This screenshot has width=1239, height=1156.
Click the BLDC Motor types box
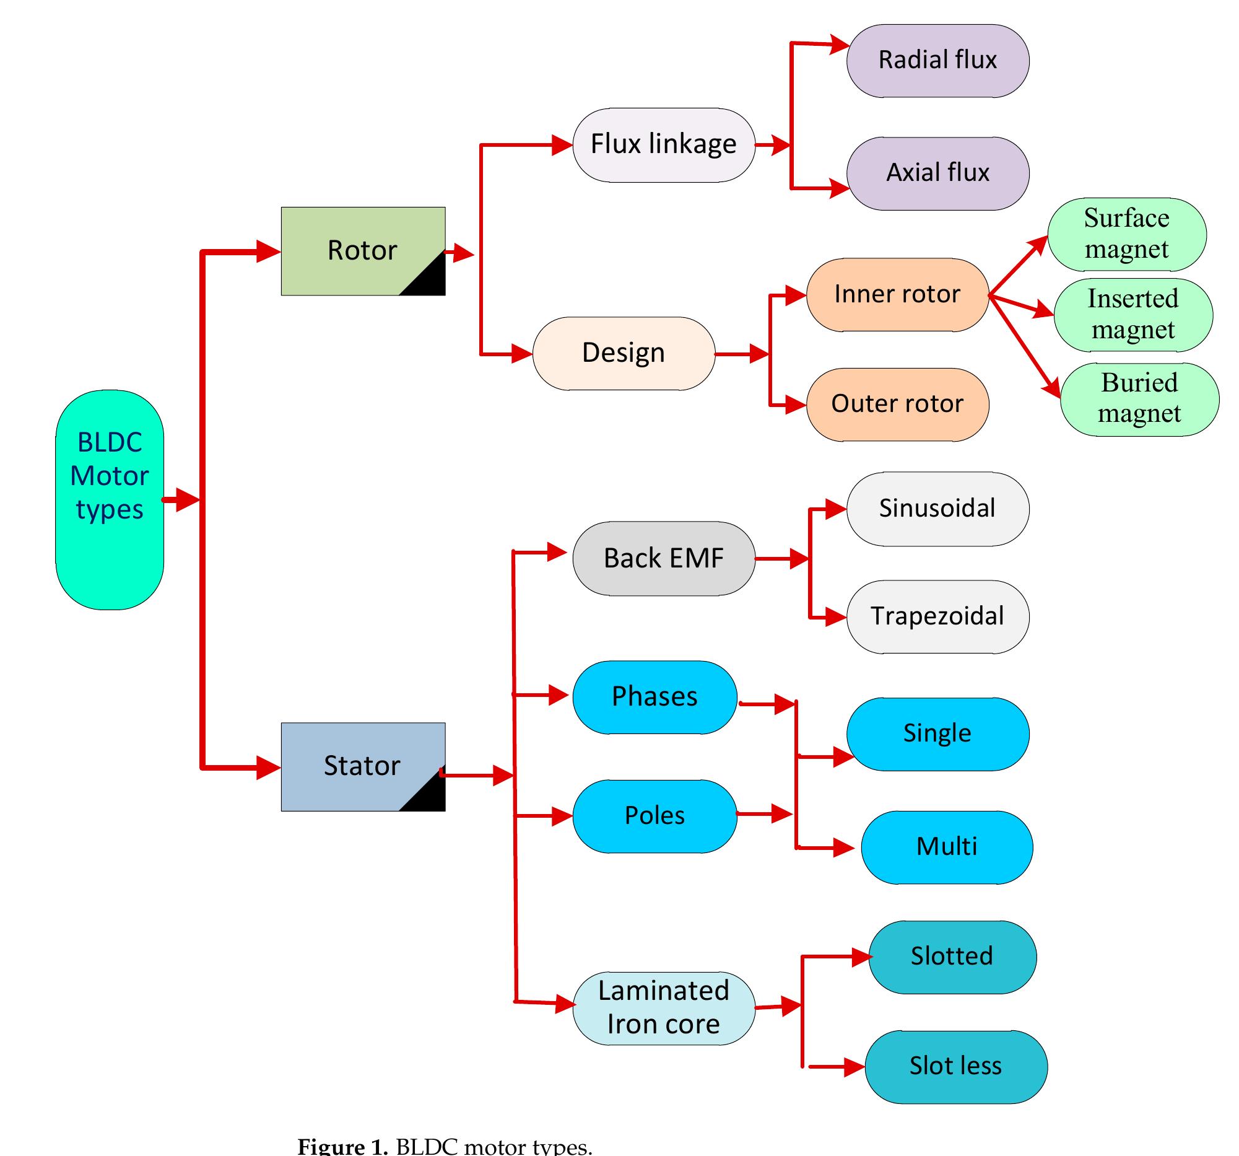(x=110, y=499)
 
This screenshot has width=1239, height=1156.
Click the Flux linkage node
(x=663, y=145)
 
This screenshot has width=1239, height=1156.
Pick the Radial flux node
(x=937, y=61)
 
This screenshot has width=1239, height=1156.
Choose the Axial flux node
(x=937, y=173)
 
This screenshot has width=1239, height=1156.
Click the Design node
(x=624, y=353)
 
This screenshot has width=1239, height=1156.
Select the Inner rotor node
(x=897, y=294)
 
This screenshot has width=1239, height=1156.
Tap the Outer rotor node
(x=897, y=404)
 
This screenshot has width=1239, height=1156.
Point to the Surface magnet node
(x=1126, y=234)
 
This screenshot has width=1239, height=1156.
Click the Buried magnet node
(x=1139, y=398)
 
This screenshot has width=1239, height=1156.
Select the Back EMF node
(x=663, y=558)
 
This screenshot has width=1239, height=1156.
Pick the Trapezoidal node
(x=937, y=616)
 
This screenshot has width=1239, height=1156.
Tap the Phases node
(x=654, y=696)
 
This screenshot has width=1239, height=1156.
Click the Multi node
(x=946, y=847)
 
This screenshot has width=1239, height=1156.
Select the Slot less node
(x=955, y=1066)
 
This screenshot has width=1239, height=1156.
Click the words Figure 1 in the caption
(x=342, y=1146)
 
